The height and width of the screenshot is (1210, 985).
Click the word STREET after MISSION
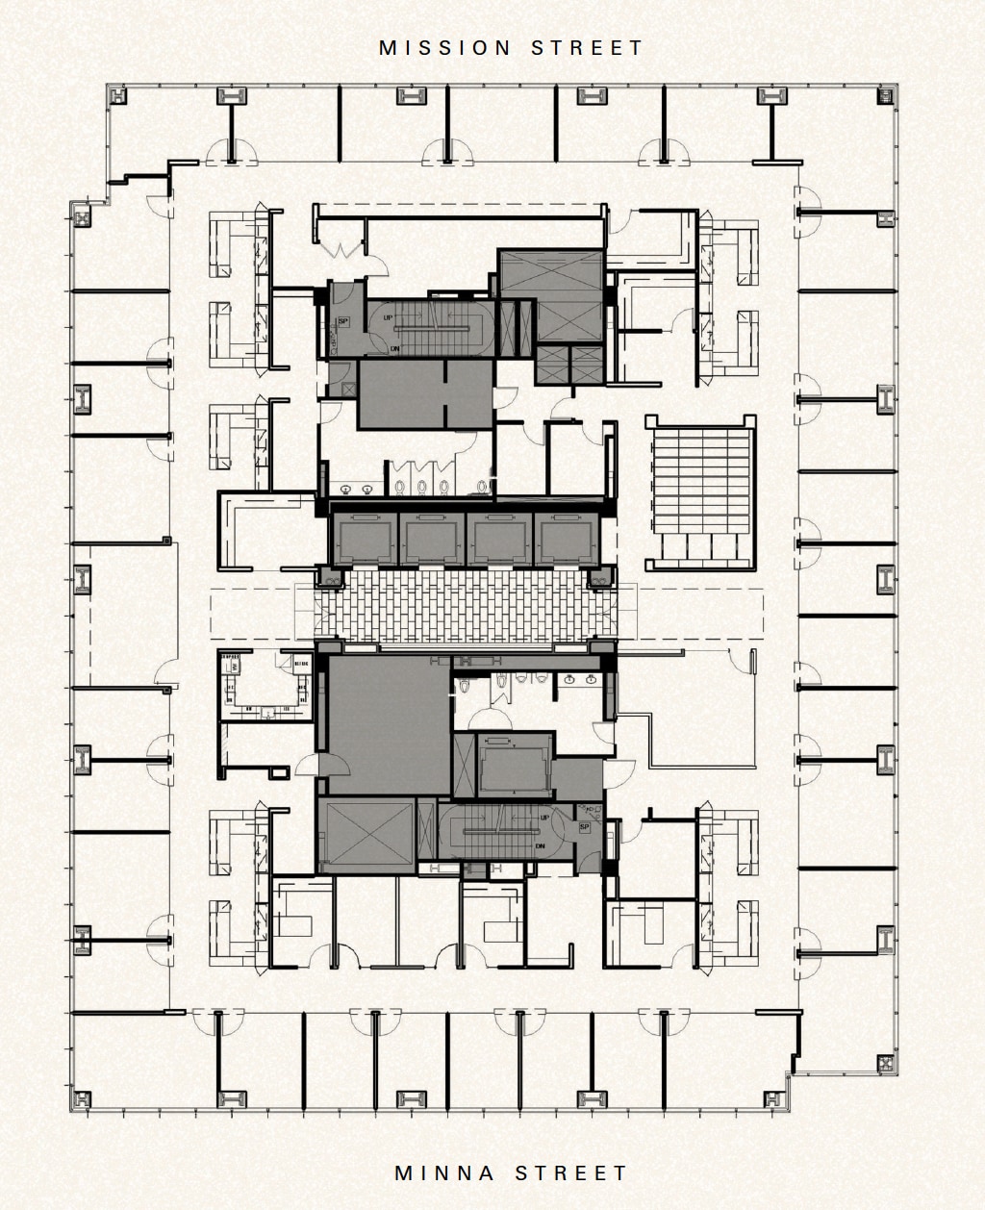tap(587, 48)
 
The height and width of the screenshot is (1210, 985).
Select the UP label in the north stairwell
tap(388, 317)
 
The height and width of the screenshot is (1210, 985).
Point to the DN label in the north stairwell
tap(394, 349)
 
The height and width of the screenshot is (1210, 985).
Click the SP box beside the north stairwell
tap(341, 321)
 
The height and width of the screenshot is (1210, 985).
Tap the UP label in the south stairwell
tap(545, 817)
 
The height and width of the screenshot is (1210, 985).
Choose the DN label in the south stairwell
tap(541, 846)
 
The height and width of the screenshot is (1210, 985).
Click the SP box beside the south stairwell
tap(584, 827)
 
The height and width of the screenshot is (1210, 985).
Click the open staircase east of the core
tap(701, 491)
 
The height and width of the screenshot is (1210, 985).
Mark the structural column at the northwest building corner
tap(117, 95)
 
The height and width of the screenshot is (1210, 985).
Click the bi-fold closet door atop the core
tap(341, 250)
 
